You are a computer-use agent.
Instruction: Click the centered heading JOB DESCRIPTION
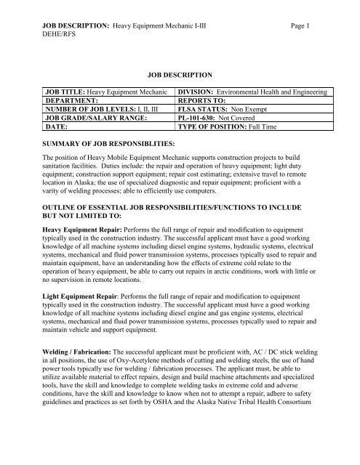tap(178, 74)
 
